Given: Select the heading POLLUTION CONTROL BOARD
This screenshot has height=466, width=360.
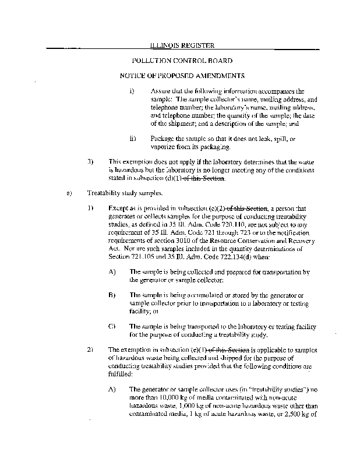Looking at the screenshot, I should tap(182, 61).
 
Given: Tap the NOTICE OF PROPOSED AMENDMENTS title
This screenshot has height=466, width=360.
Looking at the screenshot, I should tap(182, 76).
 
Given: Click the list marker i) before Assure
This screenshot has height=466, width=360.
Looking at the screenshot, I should tap(132, 91).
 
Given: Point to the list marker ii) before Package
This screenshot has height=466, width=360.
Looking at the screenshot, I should tap(133, 139).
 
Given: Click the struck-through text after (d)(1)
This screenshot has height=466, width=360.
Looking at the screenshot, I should tap(204, 178).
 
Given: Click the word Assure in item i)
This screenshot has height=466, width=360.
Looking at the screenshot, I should tap(160, 91).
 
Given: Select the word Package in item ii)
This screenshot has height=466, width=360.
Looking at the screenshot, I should tap(162, 139).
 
